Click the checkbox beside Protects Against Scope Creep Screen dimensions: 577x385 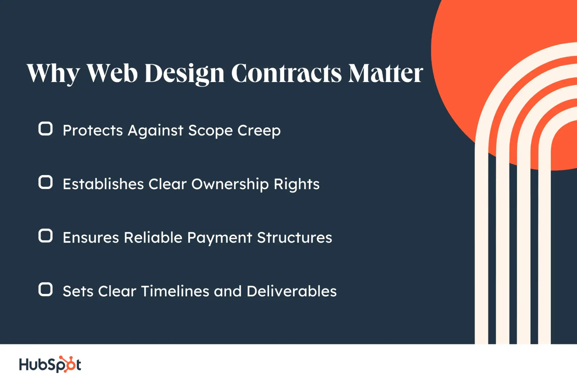coord(46,129)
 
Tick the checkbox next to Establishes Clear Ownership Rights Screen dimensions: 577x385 coord(46,182)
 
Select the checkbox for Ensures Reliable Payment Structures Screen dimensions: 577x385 coord(46,236)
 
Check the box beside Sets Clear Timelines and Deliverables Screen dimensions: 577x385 coord(46,289)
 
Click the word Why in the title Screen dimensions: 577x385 coord(53,74)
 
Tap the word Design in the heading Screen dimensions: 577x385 coord(184,74)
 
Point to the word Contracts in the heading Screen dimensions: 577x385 coord(286,73)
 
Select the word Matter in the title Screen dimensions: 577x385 coord(386,73)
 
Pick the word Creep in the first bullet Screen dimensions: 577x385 coord(259,131)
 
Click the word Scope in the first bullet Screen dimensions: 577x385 coord(210,131)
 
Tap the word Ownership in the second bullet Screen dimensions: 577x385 coord(230,184)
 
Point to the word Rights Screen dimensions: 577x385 coord(296,184)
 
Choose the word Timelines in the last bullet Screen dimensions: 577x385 coord(175,291)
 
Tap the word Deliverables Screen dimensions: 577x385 coord(292,291)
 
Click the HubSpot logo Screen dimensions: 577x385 coord(50,364)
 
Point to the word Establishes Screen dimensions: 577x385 coord(103,184)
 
